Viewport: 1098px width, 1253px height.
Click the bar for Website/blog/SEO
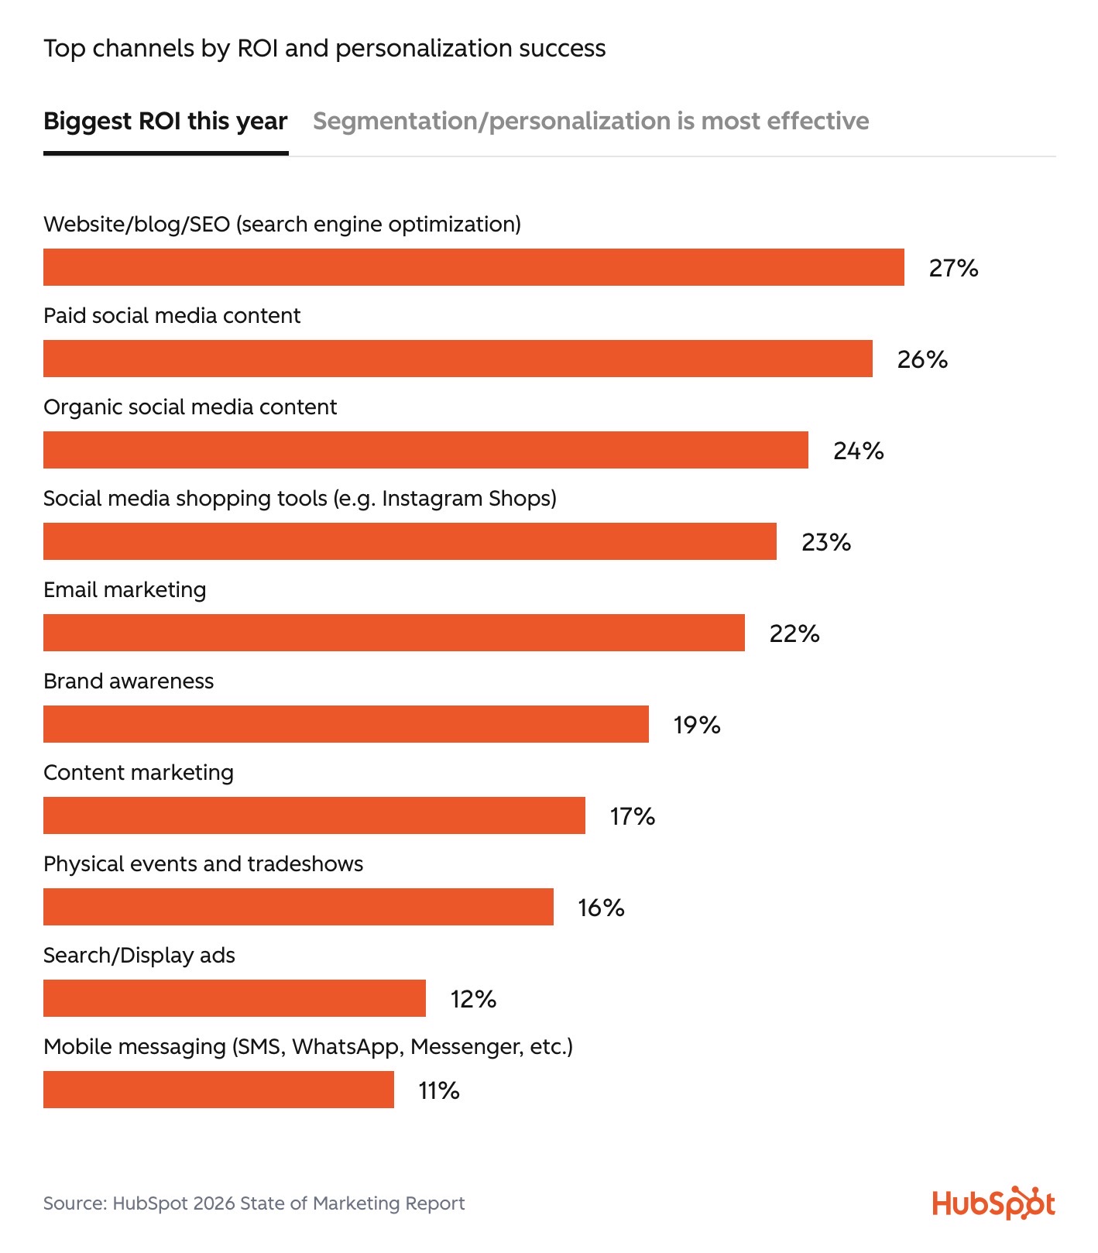tap(473, 267)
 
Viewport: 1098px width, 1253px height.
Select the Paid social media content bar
tap(458, 359)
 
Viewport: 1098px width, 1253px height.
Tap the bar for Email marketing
tap(393, 633)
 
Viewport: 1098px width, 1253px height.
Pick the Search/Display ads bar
tap(234, 998)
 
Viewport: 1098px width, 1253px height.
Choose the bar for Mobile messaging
tap(218, 1090)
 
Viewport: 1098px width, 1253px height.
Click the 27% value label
tap(953, 268)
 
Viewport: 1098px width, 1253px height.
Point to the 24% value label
tap(858, 451)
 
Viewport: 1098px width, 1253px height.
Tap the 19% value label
tap(697, 725)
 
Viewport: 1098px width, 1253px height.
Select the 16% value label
tap(601, 908)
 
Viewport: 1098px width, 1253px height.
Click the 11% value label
tap(439, 1090)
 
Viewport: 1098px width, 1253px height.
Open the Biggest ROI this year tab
tap(165, 122)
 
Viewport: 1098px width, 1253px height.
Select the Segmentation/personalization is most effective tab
tap(590, 122)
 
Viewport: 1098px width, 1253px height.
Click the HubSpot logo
tap(993, 1203)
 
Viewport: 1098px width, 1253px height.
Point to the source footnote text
tap(254, 1203)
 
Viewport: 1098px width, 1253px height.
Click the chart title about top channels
tap(324, 49)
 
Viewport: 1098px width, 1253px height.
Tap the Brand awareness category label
tap(129, 681)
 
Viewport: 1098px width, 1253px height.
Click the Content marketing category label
tap(139, 773)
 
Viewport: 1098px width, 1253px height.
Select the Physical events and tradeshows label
tap(203, 863)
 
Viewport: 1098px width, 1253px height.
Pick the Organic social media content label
tap(190, 407)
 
